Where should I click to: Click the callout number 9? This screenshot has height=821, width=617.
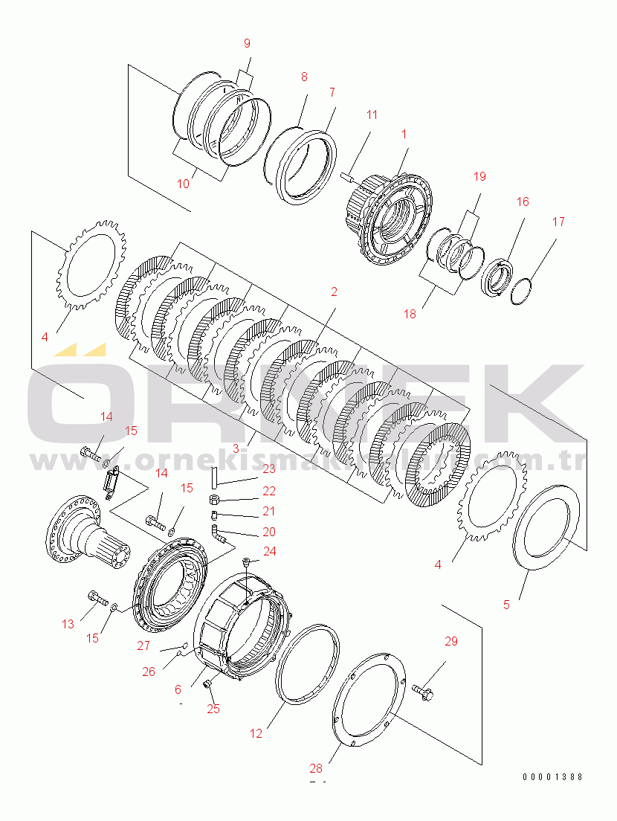[248, 43]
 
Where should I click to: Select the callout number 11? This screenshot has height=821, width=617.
[372, 115]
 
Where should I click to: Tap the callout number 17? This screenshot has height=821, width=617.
[558, 222]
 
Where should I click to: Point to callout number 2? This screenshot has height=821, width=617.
[334, 292]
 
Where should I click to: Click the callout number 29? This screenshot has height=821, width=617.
[452, 641]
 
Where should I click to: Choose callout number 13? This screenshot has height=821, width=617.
[68, 624]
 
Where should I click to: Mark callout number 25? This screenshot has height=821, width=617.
[213, 709]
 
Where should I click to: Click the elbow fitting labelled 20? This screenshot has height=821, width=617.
[217, 531]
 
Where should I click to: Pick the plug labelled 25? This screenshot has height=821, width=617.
[207, 684]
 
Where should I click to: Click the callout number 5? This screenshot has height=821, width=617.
[507, 605]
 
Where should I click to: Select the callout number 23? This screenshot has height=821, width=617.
[268, 469]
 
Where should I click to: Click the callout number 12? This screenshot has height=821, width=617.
[256, 733]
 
